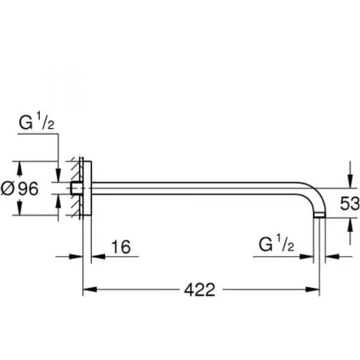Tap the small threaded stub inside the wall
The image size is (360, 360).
(74, 188)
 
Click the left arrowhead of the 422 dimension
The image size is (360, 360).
(87, 290)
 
